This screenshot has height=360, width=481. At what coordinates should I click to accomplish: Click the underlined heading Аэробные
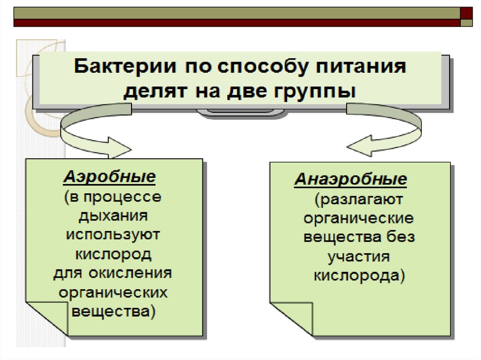109,177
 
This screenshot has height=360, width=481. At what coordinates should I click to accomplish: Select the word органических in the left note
113,292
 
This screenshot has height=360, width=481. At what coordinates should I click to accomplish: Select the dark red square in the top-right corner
466,13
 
